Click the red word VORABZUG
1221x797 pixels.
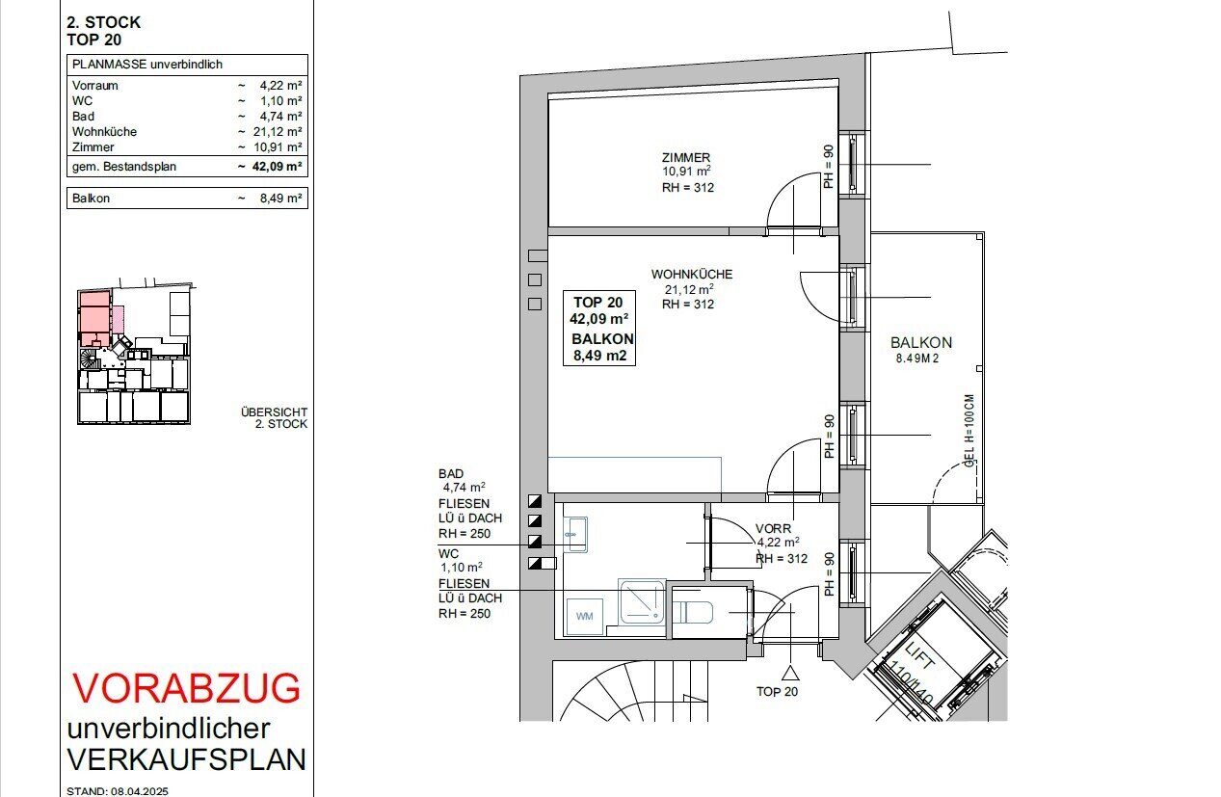pos(186,688)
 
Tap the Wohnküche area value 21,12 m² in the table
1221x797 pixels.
pos(278,131)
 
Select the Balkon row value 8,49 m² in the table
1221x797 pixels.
pos(280,198)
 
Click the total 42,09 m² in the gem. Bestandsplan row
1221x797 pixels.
pos(277,167)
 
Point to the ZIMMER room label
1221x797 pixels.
pos(686,157)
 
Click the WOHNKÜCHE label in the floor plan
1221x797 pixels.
pos(692,275)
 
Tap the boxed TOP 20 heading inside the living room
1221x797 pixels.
pos(597,302)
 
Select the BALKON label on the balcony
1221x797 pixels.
pos(921,342)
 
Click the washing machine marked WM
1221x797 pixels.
pos(584,617)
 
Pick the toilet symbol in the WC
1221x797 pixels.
pos(692,612)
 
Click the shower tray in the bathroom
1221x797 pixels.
pos(642,601)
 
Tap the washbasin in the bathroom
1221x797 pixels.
pos(575,534)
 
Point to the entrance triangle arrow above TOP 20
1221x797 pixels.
pos(790,674)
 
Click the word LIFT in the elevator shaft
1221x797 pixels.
pos(920,654)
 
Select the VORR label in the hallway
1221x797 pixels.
pos(773,528)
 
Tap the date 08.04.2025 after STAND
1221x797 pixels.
pos(140,791)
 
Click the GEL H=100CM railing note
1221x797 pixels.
pos(969,431)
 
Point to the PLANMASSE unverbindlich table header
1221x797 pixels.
pos(147,65)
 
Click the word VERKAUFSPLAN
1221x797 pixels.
pos(186,759)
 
